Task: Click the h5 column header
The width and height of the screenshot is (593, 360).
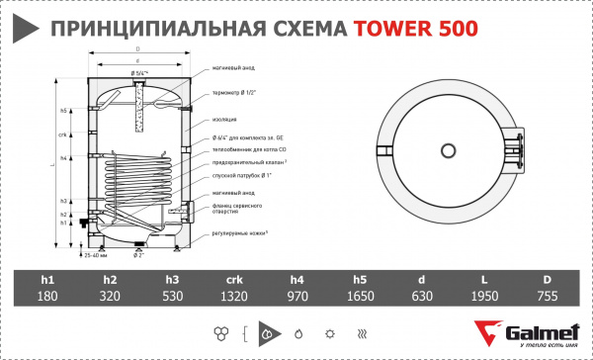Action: click(x=359, y=279)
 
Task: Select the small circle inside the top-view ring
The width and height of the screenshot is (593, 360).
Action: click(x=447, y=152)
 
